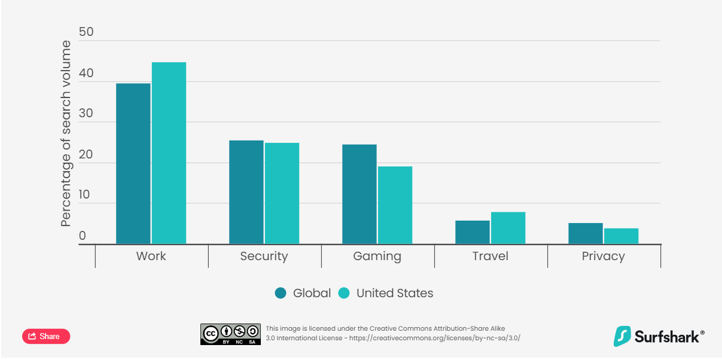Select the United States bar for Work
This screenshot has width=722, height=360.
(169, 153)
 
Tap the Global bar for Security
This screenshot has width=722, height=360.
(246, 192)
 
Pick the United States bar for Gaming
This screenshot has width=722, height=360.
(395, 205)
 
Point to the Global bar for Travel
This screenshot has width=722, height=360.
(472, 232)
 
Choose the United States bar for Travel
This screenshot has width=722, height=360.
(508, 228)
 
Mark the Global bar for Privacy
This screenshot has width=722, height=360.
(585, 233)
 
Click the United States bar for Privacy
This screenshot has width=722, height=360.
(621, 236)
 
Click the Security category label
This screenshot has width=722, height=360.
(264, 257)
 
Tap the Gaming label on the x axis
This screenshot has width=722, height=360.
(377, 257)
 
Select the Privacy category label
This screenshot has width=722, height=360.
(603, 257)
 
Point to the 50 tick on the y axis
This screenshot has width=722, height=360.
(86, 32)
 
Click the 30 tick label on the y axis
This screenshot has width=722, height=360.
(86, 113)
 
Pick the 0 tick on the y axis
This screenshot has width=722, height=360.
(83, 236)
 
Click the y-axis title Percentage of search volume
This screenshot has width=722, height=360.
(66, 133)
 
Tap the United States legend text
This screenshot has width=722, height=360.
(394, 293)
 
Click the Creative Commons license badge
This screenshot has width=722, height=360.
(230, 334)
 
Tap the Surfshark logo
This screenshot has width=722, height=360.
(659, 336)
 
